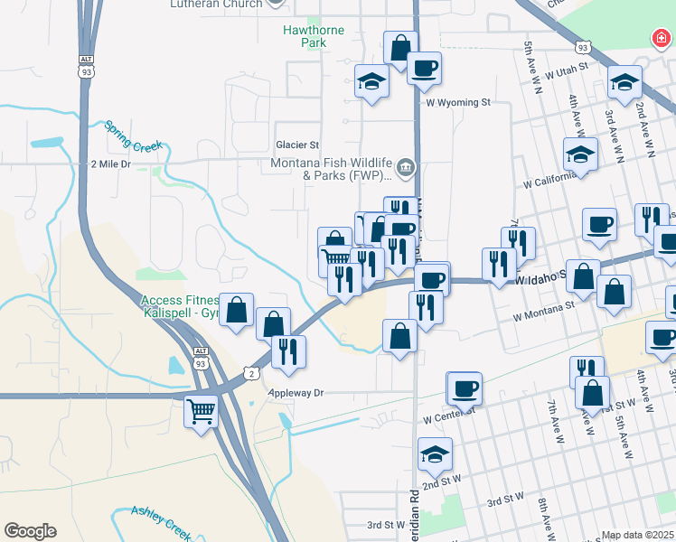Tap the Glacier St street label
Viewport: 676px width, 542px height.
click(297, 145)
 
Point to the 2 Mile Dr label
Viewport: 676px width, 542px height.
click(111, 164)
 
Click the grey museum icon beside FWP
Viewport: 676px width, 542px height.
click(406, 166)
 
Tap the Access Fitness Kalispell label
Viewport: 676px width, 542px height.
click(181, 305)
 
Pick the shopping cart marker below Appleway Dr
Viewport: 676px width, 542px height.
click(201, 411)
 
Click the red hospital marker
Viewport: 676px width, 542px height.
click(662, 39)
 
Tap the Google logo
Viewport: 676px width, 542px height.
click(30, 531)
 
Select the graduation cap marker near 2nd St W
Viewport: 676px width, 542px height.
click(435, 453)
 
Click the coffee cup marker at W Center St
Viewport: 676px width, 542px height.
click(465, 388)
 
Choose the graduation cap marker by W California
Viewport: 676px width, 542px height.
click(580, 154)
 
